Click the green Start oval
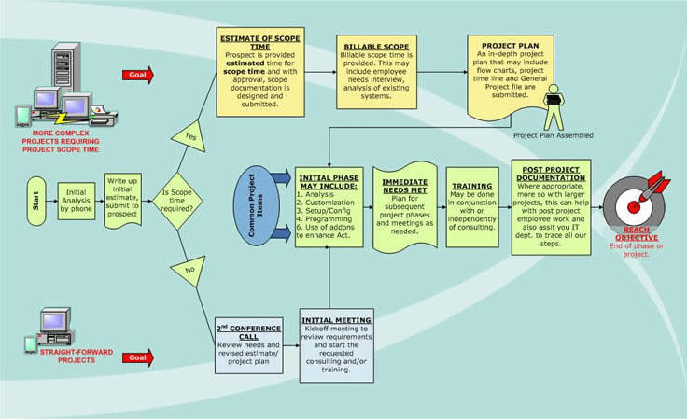(x=35, y=201)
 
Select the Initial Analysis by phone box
(x=77, y=201)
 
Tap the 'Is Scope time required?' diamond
(x=177, y=201)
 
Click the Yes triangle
(x=190, y=137)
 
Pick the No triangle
(x=189, y=271)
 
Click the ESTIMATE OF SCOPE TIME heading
(x=260, y=43)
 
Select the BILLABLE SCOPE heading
(x=376, y=47)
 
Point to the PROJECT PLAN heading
(x=511, y=46)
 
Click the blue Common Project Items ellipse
(x=257, y=205)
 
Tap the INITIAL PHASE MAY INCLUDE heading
(x=329, y=182)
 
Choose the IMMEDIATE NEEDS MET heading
(x=404, y=186)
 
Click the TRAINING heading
(x=472, y=186)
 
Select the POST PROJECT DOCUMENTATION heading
(x=551, y=174)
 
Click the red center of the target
(x=633, y=206)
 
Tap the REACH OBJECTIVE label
(x=637, y=234)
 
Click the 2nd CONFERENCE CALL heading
(x=248, y=332)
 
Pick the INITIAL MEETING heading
(x=336, y=320)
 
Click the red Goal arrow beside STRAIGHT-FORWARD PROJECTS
(x=138, y=357)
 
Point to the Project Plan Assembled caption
(x=554, y=135)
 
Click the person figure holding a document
(x=554, y=106)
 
